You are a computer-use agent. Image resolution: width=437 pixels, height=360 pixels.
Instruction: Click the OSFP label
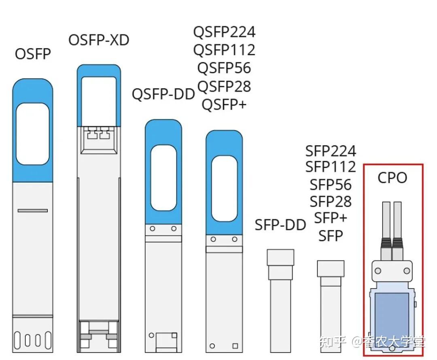[x=33, y=54]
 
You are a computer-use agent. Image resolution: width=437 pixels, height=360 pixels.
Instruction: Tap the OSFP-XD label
[x=99, y=40]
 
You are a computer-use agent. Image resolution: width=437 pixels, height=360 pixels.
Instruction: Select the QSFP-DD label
[x=163, y=94]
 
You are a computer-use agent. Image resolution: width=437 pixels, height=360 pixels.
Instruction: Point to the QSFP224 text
[x=224, y=32]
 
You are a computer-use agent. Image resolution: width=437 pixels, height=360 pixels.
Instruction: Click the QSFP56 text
[x=224, y=68]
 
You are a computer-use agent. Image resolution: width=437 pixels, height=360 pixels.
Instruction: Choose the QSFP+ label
[x=224, y=104]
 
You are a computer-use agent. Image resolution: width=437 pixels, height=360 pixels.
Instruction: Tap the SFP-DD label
[x=280, y=224]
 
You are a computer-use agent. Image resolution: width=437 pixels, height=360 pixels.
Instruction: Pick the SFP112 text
[x=331, y=167]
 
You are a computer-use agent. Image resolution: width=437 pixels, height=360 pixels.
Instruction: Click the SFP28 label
[x=331, y=201]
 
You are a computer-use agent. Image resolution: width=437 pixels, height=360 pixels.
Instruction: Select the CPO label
[x=392, y=178]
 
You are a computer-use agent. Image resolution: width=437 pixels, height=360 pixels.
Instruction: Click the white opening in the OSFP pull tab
[x=33, y=134]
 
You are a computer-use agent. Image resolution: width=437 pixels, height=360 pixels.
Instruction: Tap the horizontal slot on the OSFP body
[x=33, y=211]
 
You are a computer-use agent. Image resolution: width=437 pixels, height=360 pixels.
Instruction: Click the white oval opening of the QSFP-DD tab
[x=163, y=178]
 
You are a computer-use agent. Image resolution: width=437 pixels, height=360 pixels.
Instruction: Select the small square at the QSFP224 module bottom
[x=235, y=346]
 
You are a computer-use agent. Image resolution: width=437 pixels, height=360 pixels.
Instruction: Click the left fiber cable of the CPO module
[x=386, y=220]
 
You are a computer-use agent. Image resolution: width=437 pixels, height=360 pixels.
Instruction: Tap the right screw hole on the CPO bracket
[x=407, y=271]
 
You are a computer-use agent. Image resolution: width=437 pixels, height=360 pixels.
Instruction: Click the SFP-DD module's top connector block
[x=280, y=257]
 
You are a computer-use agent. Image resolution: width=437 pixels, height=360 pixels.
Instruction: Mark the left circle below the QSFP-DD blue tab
[x=153, y=229]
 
